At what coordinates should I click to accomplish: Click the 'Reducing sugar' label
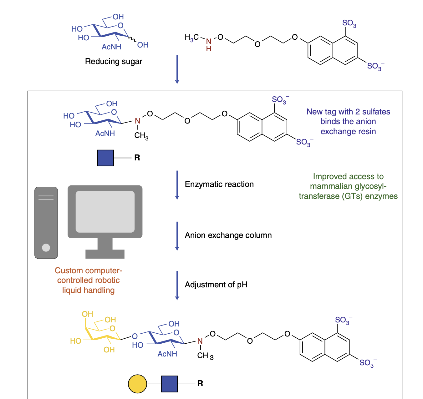click(114, 61)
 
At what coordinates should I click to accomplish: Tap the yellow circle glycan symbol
click(137, 384)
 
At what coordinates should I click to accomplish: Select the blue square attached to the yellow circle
click(169, 384)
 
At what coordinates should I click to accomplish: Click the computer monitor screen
click(105, 211)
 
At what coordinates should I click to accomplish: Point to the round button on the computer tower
click(46, 248)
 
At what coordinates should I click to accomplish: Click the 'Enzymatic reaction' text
click(219, 184)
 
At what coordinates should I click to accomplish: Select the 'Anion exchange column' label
click(228, 235)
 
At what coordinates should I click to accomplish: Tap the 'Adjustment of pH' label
click(216, 285)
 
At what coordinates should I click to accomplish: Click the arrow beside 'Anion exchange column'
click(177, 236)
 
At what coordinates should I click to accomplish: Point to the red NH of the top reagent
click(209, 45)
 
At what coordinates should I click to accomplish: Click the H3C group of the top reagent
click(191, 38)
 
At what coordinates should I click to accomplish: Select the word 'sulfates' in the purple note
click(376, 112)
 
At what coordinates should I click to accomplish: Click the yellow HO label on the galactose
click(75, 341)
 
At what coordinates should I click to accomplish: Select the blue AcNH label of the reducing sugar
click(111, 47)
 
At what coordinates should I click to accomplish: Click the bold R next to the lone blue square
click(137, 158)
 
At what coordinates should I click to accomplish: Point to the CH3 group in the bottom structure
click(205, 356)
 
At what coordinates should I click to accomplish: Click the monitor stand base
click(105, 254)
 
